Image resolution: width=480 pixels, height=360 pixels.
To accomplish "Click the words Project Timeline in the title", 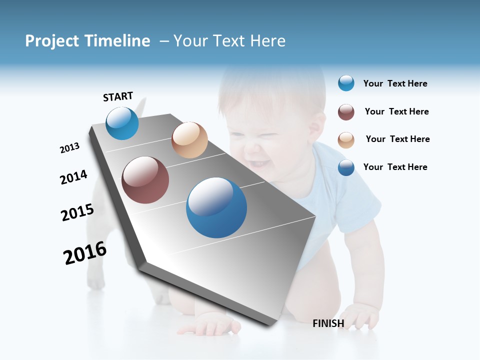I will (x=87, y=41).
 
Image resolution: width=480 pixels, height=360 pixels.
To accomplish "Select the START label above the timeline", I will (x=118, y=96).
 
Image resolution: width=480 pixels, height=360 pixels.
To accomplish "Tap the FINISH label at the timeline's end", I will (x=328, y=323).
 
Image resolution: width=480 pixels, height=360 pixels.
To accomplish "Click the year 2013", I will (x=69, y=148).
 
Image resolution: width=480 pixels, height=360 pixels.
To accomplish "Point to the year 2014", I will (x=73, y=177).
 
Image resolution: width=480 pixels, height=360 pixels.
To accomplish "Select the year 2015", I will (x=77, y=212).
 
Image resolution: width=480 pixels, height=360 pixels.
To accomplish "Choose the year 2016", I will (x=85, y=253).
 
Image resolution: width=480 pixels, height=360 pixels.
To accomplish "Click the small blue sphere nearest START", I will (x=122, y=123).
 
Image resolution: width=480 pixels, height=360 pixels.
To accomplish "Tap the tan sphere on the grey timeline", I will (x=189, y=140).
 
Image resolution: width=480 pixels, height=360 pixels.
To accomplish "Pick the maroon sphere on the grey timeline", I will (x=145, y=180).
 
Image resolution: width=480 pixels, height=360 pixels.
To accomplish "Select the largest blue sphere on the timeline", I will (x=216, y=207).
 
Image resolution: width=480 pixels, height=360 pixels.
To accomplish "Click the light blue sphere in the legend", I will (x=346, y=83).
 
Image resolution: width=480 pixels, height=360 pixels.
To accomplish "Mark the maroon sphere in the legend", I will (x=346, y=112).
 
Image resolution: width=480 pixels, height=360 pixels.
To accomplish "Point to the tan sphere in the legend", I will (x=346, y=140).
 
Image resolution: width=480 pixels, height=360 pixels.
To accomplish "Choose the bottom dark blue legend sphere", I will (x=346, y=167).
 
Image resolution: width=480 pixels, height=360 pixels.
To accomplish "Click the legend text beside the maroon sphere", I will (x=396, y=111).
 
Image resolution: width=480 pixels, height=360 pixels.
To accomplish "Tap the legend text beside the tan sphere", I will (x=397, y=139).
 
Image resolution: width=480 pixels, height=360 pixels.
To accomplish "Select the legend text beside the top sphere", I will (x=395, y=83).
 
